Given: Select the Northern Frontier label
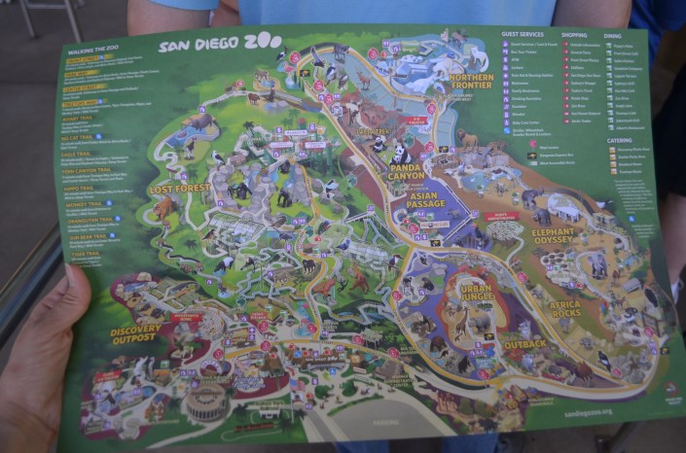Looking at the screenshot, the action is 472,81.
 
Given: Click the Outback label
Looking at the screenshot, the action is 525,344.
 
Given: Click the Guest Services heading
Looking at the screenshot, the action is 523,34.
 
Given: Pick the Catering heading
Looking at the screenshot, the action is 619,140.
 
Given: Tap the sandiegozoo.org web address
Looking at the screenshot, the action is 619,411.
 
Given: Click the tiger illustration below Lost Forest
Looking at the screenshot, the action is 163,209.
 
